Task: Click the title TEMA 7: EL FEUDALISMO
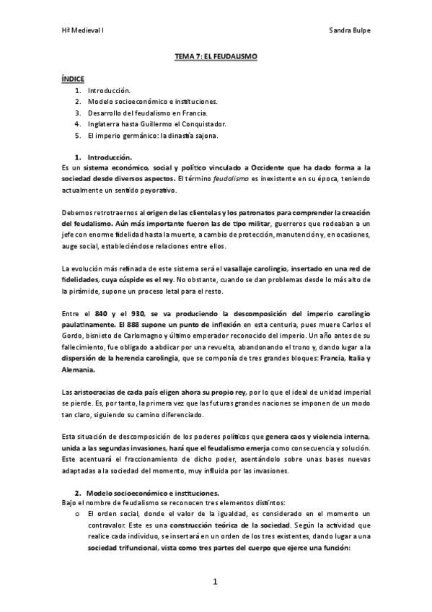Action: pyautogui.click(x=216, y=56)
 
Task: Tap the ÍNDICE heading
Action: pyautogui.click(x=73, y=77)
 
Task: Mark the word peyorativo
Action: pyautogui.click(x=154, y=190)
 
